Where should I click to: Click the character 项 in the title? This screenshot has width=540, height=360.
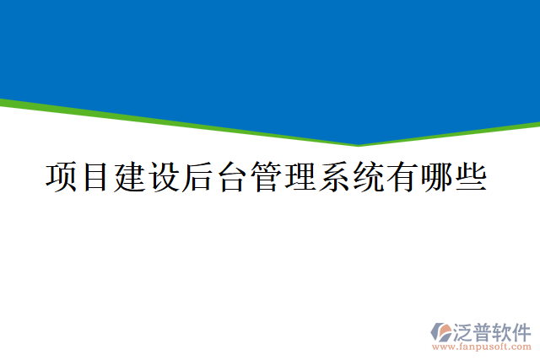pos(60,177)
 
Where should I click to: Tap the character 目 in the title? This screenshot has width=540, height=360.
pos(94,177)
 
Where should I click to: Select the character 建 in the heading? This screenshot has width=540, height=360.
pos(129,177)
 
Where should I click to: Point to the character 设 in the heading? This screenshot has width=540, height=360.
pos(164,177)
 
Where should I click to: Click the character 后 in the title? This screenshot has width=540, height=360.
pos(197,177)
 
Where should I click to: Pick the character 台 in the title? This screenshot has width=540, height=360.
pos(232,177)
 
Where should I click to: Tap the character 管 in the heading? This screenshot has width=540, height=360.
pos(267,177)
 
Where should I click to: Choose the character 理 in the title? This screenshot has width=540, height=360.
pos(300,177)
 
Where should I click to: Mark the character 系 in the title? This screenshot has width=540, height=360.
pos(335,177)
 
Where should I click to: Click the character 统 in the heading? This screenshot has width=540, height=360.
pos(370,177)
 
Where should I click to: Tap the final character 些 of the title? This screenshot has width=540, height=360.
pos(472,177)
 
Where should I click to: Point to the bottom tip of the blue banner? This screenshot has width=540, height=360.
pos(359,144)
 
